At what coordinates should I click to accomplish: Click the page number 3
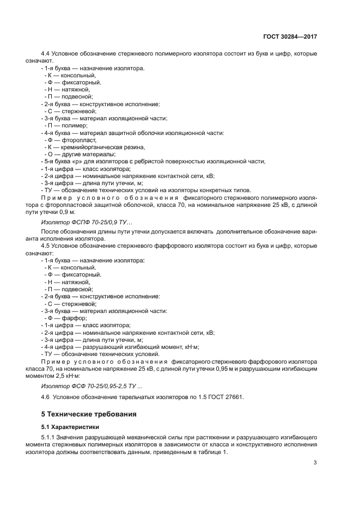pos(315,463)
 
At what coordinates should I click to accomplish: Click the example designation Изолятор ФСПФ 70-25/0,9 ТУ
pos(79,223)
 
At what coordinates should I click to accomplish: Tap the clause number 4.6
pos(46,397)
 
